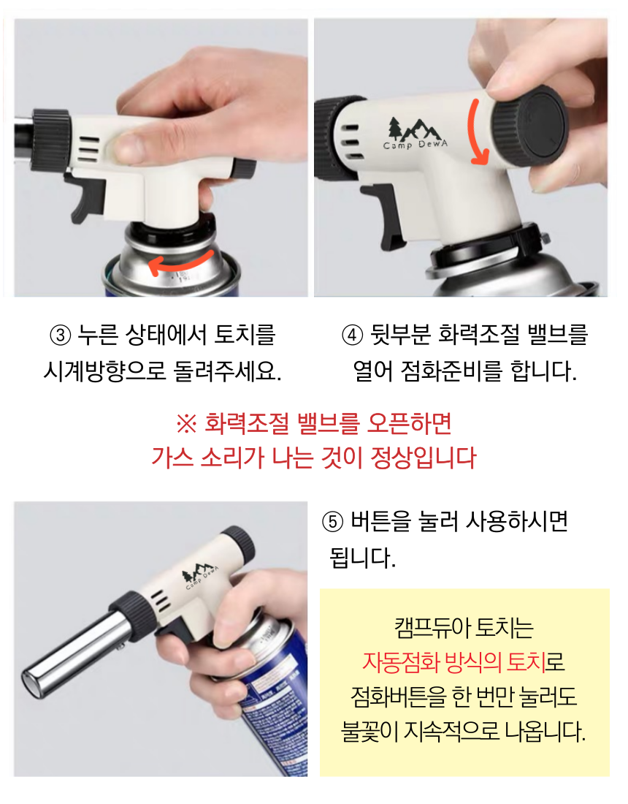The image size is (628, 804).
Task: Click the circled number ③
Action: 61,335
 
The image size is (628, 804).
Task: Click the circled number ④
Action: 353,335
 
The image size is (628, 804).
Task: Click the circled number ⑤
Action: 332,522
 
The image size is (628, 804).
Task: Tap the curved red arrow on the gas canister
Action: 180,262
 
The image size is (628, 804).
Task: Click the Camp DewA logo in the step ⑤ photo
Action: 200,574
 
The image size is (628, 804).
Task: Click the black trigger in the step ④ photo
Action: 383,216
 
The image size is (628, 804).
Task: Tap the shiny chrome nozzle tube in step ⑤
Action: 72,656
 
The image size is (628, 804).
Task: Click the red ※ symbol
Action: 186,423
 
